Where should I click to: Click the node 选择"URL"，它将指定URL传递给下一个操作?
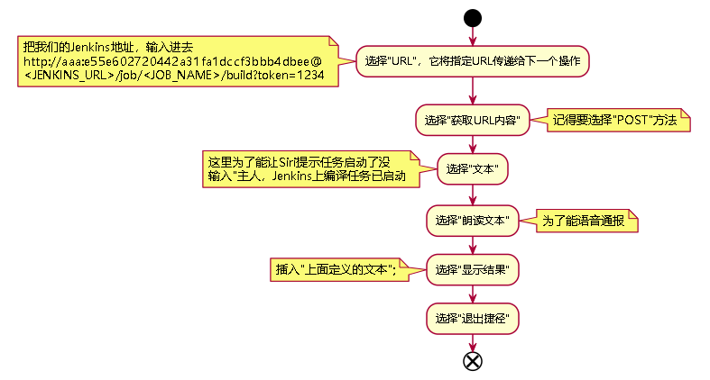tap(472, 61)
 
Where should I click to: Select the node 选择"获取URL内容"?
tap(472, 120)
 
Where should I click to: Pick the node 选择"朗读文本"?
tap(472, 220)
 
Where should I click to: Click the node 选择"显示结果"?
tap(472, 269)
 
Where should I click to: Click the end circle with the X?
tap(472, 361)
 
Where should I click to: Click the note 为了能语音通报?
tap(587, 220)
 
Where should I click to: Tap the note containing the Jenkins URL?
tap(177, 61)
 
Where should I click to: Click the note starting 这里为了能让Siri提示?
tap(310, 169)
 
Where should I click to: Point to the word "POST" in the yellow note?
tap(632, 120)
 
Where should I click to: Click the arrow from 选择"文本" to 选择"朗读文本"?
tap(472, 195)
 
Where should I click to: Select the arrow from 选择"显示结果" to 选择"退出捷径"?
tap(472, 294)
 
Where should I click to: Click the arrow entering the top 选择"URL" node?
tap(472, 34)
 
